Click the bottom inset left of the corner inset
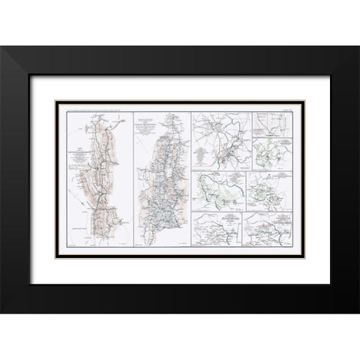[x=220, y=228]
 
